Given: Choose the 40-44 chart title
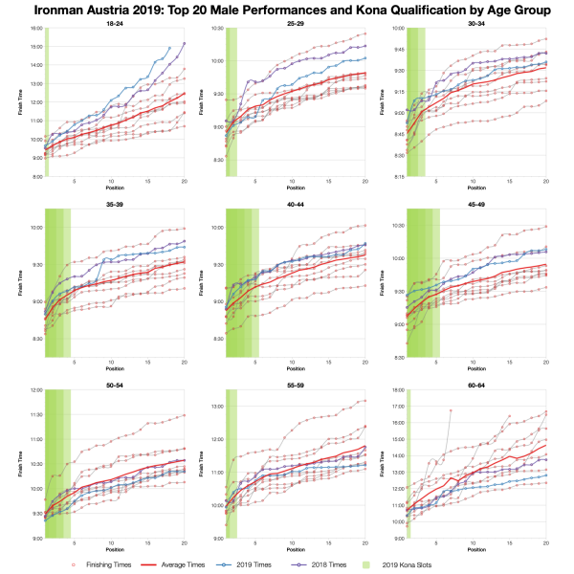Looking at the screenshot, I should tap(296, 204).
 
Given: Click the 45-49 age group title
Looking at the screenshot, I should tap(475, 204).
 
